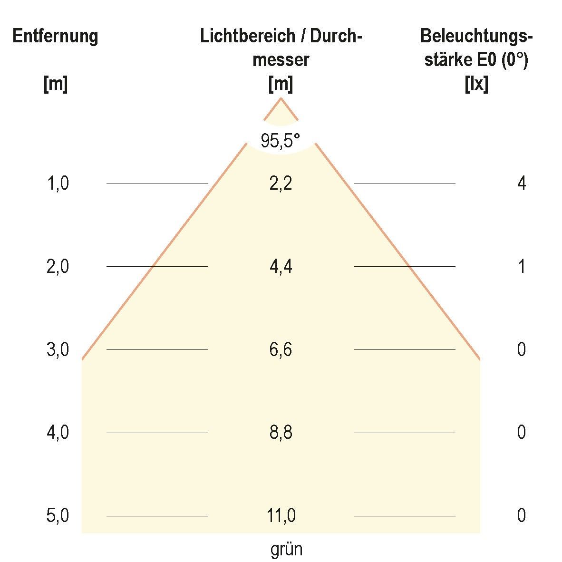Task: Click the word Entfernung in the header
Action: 55,37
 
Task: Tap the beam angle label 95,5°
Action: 281,141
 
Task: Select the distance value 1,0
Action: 58,183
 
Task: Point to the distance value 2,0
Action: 58,267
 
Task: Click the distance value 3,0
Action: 58,350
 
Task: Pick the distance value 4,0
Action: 58,433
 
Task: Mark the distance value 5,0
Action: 58,516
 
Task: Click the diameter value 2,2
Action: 281,183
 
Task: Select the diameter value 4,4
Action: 281,266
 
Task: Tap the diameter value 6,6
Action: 281,350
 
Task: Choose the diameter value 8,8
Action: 281,433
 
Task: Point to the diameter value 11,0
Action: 281,516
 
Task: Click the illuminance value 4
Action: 522,183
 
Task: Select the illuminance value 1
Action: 522,267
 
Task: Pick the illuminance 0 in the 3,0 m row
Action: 522,350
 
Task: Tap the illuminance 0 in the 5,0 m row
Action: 522,516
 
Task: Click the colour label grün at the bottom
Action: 286,550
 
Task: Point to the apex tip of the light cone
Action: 281,98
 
